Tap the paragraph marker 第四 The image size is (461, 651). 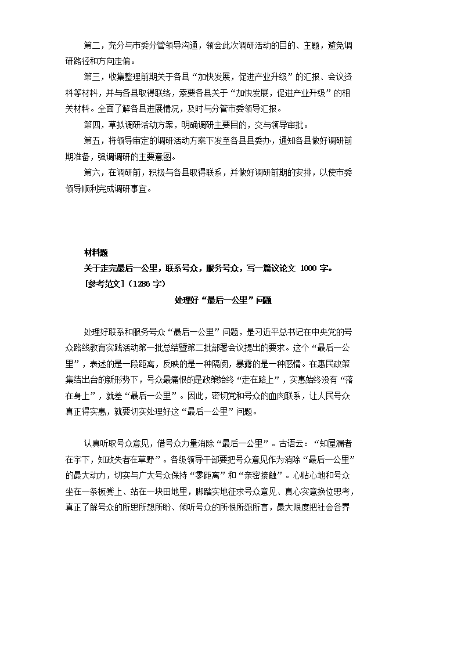pyautogui.click(x=92, y=125)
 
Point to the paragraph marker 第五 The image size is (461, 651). pyautogui.click(x=92, y=141)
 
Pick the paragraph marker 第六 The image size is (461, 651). pyautogui.click(x=92, y=172)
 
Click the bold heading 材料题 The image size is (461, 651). pyautogui.click(x=96, y=252)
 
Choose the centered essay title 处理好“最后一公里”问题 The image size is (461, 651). pyautogui.click(x=223, y=300)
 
